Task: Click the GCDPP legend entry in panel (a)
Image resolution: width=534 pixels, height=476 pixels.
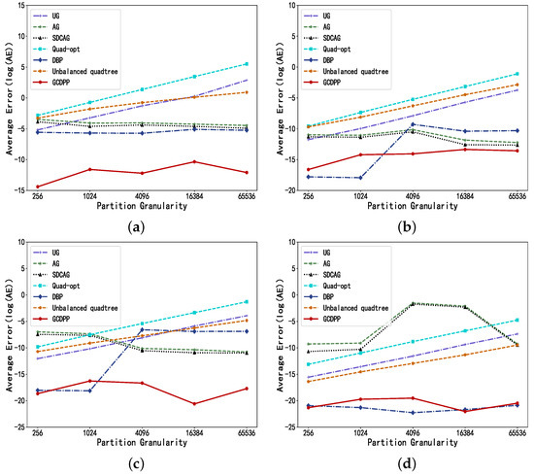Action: [x=51, y=83]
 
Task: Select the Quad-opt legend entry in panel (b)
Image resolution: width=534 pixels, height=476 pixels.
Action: [x=327, y=50]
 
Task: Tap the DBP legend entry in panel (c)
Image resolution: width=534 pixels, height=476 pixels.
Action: [x=49, y=297]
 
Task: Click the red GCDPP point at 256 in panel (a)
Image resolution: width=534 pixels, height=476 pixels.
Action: [x=38, y=187]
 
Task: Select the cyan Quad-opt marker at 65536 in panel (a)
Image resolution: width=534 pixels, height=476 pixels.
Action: [x=247, y=64]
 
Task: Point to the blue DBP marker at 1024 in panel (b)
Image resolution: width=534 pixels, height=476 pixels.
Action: [x=360, y=178]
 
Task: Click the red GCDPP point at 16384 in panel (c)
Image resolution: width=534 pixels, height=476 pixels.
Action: [x=194, y=404]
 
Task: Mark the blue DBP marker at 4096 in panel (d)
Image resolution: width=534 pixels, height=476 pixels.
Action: [x=413, y=413]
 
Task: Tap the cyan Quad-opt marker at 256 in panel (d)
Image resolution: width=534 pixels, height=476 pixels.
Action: [x=309, y=364]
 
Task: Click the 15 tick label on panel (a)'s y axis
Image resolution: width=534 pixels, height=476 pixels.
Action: [x=21, y=6]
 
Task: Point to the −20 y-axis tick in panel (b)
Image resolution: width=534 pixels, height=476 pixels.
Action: [x=290, y=190]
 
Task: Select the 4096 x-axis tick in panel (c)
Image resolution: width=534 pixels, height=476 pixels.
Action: [x=142, y=433]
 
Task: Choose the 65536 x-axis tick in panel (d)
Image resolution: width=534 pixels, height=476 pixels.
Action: [x=517, y=433]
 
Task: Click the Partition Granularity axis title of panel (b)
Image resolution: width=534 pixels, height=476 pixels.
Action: [x=413, y=206]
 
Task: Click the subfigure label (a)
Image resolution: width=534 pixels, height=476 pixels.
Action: [x=137, y=227]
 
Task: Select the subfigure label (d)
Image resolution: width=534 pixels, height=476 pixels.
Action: [x=407, y=463]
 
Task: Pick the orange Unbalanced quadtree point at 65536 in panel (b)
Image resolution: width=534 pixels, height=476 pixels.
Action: [x=517, y=85]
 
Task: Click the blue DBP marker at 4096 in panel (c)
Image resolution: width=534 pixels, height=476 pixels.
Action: [x=143, y=330]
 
